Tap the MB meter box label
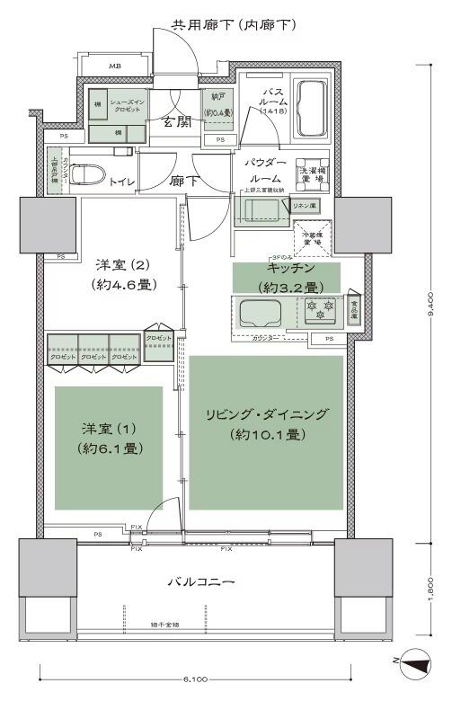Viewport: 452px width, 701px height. tap(115, 67)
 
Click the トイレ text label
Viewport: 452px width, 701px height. tap(123, 182)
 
